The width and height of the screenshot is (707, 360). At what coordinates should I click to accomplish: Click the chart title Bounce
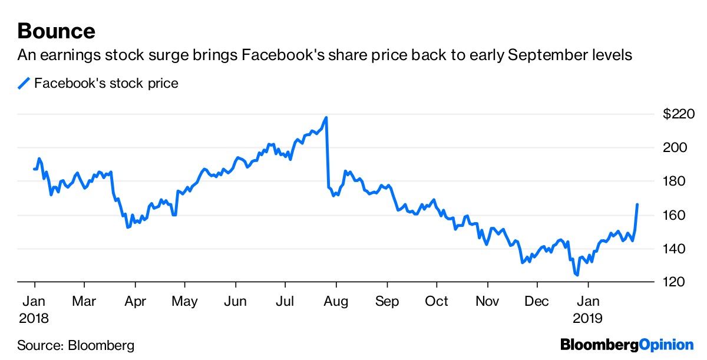[56, 30]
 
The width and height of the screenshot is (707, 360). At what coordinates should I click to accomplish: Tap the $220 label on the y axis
[679, 114]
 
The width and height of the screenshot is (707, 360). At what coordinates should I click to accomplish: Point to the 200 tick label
[675, 148]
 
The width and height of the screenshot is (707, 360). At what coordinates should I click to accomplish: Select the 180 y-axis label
[675, 181]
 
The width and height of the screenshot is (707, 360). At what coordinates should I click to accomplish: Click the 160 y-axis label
[675, 215]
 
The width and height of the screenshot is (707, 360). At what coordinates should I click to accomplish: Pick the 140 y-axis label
[675, 249]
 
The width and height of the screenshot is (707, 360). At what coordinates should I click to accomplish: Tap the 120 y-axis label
[675, 283]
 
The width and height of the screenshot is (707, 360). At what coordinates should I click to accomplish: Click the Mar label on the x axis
[85, 301]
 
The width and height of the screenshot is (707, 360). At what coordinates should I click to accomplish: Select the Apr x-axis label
[136, 301]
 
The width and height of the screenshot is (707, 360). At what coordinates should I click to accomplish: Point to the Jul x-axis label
[286, 301]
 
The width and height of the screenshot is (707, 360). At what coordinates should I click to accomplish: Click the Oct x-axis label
[437, 301]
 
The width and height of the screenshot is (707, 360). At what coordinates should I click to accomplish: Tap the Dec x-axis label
[537, 301]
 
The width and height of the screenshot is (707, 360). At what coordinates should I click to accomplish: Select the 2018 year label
[34, 318]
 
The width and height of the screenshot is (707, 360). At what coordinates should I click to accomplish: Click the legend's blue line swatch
[24, 84]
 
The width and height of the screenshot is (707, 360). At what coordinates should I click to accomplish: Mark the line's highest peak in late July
[326, 118]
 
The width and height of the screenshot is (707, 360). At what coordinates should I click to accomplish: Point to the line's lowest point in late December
[577, 275]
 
